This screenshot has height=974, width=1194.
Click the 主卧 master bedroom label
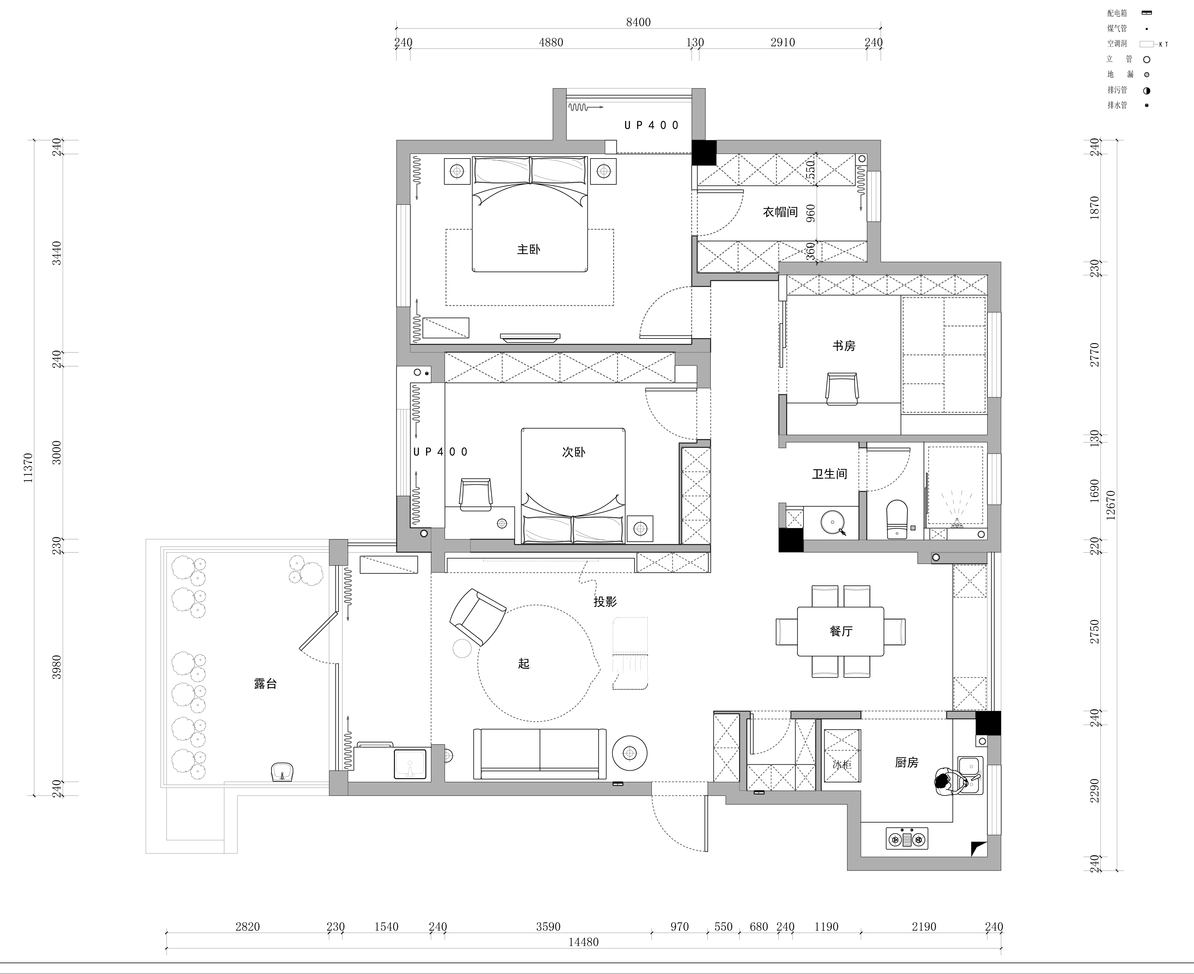(528, 249)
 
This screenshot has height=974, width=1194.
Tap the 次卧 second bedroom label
(574, 452)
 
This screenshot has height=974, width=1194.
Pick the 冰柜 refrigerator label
(842, 764)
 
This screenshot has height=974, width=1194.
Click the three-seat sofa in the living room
(539, 754)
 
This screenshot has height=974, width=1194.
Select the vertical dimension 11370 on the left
(28, 467)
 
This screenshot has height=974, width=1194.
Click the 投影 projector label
(605, 602)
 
